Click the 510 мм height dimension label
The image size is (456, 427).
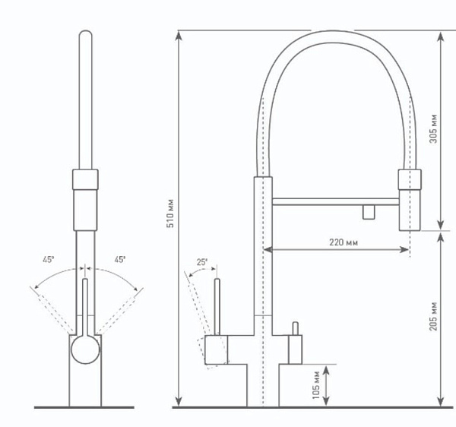(170, 214)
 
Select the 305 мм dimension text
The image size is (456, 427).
(433, 128)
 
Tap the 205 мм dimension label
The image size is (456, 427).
(433, 316)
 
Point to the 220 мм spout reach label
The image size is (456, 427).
(344, 242)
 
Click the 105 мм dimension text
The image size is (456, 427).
(316, 385)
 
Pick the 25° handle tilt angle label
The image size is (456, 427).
(202, 262)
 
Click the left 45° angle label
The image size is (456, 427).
(49, 260)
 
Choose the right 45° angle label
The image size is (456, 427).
(120, 260)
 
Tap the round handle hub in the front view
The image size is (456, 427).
(85, 350)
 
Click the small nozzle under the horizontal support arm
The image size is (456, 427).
(369, 212)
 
